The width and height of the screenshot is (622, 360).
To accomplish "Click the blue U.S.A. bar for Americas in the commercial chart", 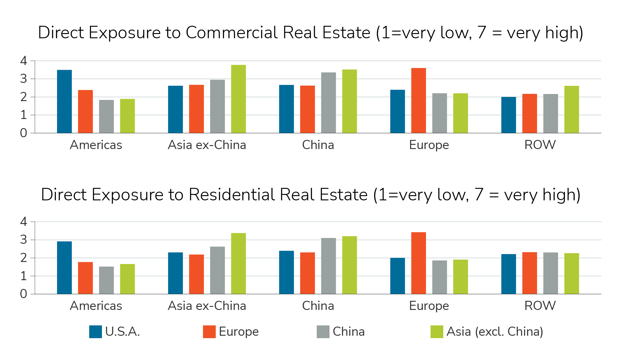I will [64, 102].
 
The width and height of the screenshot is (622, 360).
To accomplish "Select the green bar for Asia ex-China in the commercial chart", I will [238, 99].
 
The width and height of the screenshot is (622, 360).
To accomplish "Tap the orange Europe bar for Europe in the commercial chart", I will [418, 100].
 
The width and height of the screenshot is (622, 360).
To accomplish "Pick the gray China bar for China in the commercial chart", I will [328, 103].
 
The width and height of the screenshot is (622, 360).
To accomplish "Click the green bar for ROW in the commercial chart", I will [571, 110].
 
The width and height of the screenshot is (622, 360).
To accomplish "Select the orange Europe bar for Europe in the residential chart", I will [418, 263].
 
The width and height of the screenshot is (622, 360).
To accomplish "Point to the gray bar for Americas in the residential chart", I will [106, 280].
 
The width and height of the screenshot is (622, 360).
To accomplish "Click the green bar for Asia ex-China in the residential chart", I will [238, 263].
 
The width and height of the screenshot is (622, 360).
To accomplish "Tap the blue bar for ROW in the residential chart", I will [509, 274].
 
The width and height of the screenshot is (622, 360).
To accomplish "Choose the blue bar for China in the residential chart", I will [286, 272].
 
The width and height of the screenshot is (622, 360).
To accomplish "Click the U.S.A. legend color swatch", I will [95, 332].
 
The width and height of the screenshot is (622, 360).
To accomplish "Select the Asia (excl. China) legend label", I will [495, 332].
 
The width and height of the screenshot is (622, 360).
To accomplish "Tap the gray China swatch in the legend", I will [323, 332].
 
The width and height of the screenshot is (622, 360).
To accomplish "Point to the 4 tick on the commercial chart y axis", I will [24, 61].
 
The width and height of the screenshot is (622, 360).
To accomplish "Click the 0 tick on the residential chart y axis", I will [24, 294].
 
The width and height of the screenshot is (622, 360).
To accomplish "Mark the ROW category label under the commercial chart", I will [540, 145].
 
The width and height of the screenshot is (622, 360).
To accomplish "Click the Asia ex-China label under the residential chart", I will [207, 306].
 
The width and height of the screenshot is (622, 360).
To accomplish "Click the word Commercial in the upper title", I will [232, 32].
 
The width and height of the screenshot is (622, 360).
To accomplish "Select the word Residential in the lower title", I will [232, 195].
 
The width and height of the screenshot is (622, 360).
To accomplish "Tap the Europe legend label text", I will [238, 332].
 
